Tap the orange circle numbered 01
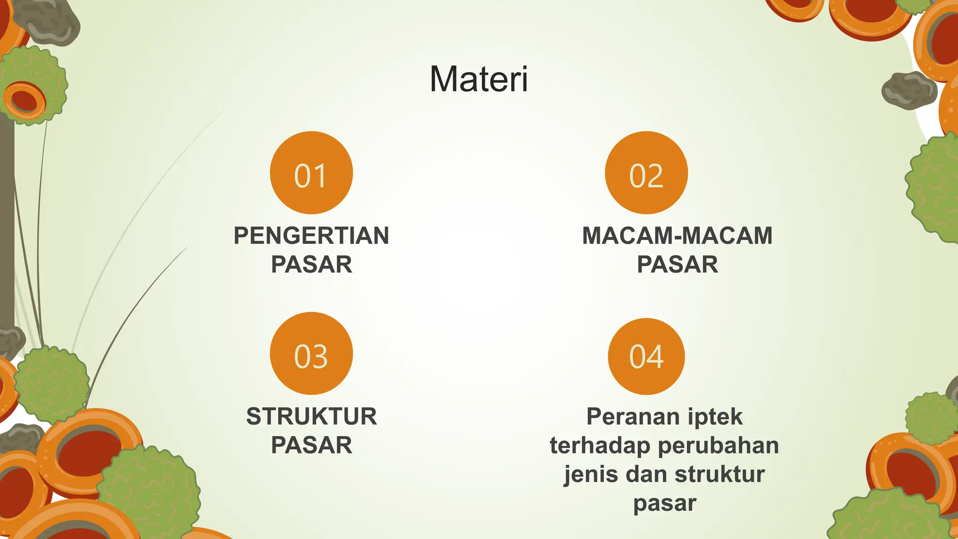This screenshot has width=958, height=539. pyautogui.click(x=311, y=173)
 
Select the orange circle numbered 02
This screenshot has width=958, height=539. pyautogui.click(x=646, y=173)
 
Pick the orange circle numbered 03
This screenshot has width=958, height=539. pyautogui.click(x=311, y=353)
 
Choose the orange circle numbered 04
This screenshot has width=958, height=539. pyautogui.click(x=646, y=356)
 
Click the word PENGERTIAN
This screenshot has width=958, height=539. pyautogui.click(x=311, y=235)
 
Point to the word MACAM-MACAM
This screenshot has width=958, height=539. pyautogui.click(x=677, y=235)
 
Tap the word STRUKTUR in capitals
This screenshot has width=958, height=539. pyautogui.click(x=311, y=416)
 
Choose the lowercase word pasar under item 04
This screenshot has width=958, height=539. pyautogui.click(x=665, y=503)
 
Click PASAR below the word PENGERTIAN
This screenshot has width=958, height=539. pyautogui.click(x=311, y=264)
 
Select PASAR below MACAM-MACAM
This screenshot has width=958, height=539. pyautogui.click(x=677, y=264)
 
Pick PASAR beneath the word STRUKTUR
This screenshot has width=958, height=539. pyautogui.click(x=311, y=445)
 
